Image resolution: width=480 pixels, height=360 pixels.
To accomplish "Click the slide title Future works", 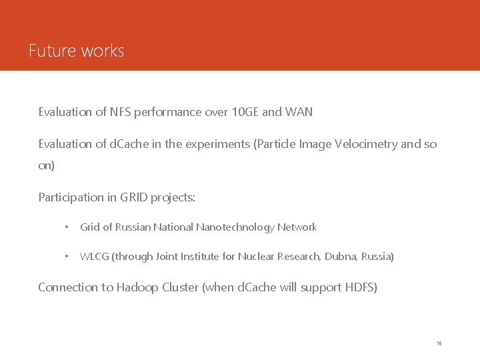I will (x=77, y=51).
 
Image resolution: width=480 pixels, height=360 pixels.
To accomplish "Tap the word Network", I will (x=297, y=227).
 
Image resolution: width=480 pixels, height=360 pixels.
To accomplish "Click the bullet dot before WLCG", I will (x=66, y=257).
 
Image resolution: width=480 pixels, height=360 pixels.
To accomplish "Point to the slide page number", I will (x=439, y=343).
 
